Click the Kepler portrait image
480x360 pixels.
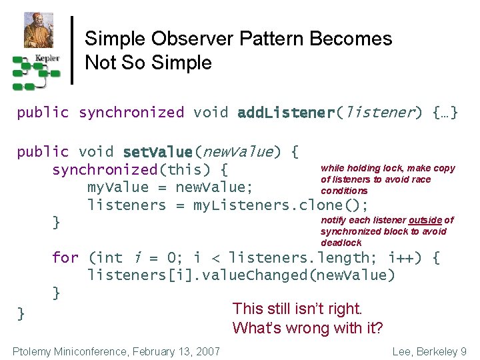[x=39, y=30]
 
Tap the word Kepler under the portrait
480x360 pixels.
[x=47, y=58]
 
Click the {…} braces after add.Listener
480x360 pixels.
[x=445, y=113]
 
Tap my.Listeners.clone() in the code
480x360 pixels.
[x=280, y=205]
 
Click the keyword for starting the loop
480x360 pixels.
[x=65, y=257]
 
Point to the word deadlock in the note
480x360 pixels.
[x=341, y=243]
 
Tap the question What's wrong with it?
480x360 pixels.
[x=307, y=328]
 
